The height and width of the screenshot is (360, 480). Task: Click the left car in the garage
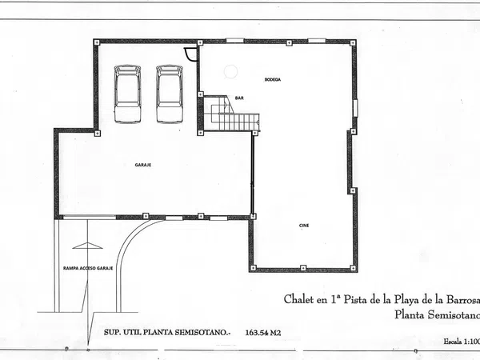(127, 94)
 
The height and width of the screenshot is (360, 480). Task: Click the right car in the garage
(169, 94)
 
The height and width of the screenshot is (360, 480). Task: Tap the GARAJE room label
(143, 165)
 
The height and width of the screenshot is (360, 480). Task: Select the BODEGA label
(274, 81)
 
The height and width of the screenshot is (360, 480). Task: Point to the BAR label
(238, 97)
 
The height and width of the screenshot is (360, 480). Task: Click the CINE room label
(304, 226)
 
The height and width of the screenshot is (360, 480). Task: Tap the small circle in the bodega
(230, 71)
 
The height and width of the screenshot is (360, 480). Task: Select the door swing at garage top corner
(190, 54)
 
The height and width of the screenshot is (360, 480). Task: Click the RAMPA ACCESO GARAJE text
(87, 268)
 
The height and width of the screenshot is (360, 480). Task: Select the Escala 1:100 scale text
(462, 342)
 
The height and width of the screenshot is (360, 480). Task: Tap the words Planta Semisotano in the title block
(437, 315)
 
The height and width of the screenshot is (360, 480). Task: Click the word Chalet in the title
(299, 300)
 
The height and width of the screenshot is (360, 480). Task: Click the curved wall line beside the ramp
(128, 248)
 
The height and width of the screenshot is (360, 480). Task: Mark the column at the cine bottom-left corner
(252, 268)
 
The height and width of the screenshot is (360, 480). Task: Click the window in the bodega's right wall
(354, 108)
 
